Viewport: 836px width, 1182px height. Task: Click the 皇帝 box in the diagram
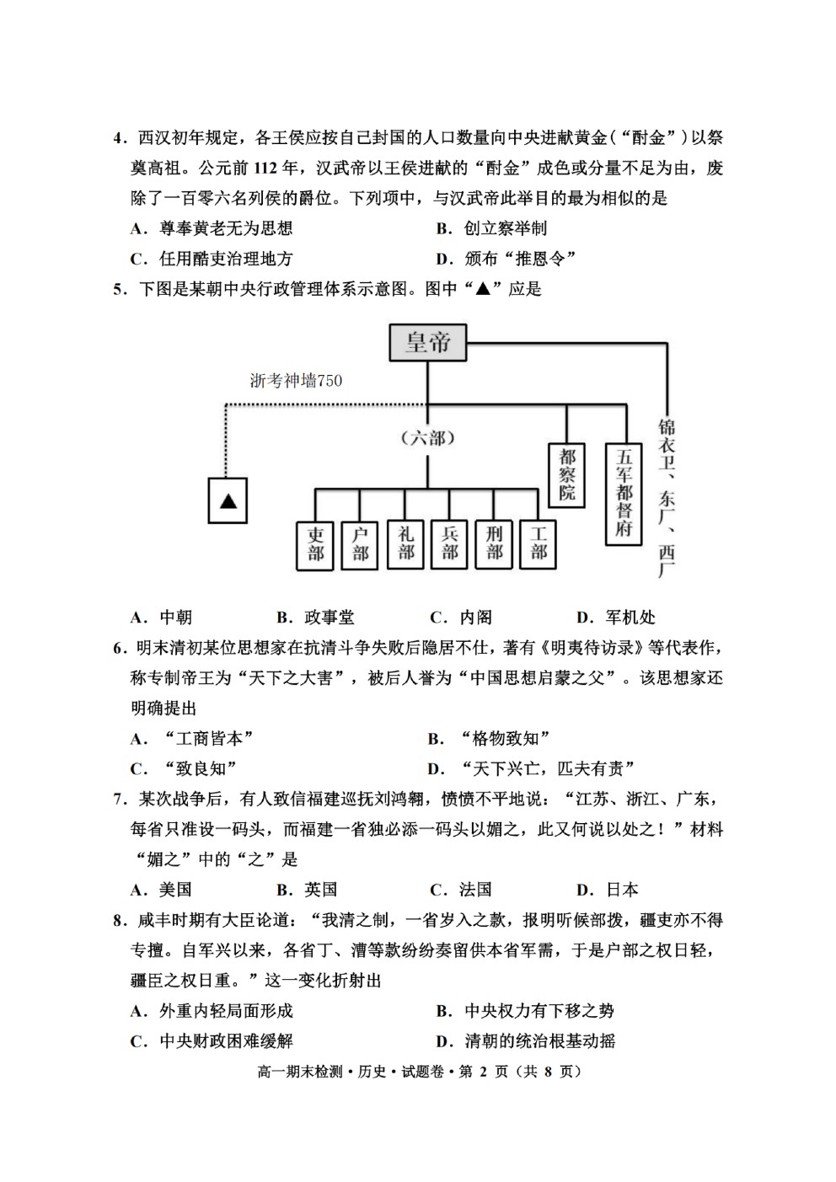(x=427, y=342)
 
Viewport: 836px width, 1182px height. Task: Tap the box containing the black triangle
(x=228, y=500)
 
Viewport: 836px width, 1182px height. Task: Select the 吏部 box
(x=315, y=546)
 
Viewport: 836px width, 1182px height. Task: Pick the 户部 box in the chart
(x=359, y=546)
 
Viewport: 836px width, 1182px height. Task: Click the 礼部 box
(x=405, y=544)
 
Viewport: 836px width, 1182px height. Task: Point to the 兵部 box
(x=449, y=544)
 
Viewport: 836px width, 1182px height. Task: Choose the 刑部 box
(x=494, y=544)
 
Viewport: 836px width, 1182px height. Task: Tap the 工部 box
(x=538, y=544)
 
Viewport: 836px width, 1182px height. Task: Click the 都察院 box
(x=567, y=475)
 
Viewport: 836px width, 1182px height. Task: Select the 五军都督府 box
(x=624, y=494)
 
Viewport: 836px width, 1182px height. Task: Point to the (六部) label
(x=427, y=437)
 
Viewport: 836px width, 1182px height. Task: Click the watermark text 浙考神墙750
(x=296, y=381)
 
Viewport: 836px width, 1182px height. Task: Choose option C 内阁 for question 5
(x=461, y=617)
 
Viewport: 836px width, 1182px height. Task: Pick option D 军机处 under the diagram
(x=616, y=617)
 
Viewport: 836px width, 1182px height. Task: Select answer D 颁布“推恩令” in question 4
(x=506, y=259)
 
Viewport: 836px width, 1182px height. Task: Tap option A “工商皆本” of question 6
(x=192, y=738)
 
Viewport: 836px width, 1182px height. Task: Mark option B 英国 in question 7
(x=307, y=890)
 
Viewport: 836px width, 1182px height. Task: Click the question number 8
(x=118, y=921)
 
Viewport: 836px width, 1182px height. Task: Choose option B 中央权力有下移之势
(x=525, y=1010)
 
